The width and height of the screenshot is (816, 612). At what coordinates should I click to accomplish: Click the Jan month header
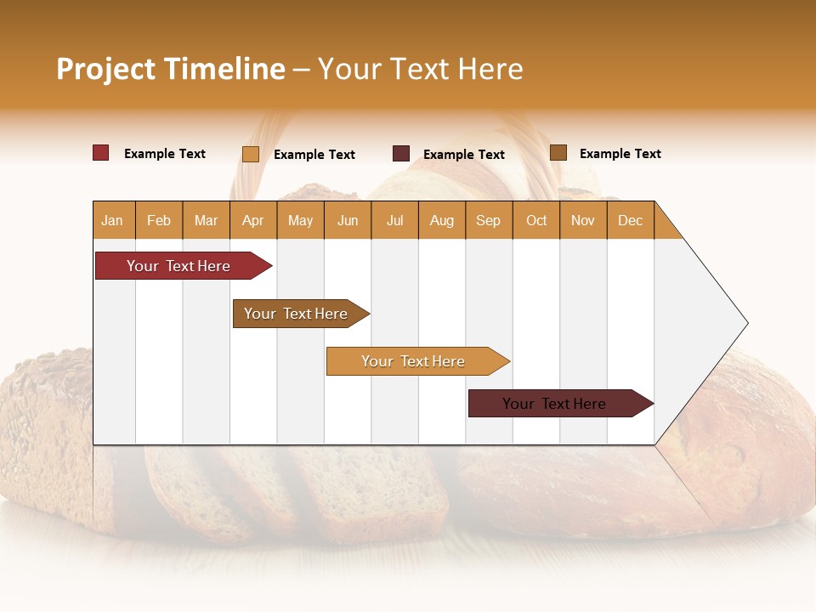[x=113, y=220]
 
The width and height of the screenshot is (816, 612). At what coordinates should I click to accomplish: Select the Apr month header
[x=253, y=220]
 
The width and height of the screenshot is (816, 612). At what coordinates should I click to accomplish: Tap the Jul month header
[x=394, y=220]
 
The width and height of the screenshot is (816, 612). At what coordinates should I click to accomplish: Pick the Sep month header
[x=488, y=220]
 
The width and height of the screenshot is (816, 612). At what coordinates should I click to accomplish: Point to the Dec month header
[x=630, y=220]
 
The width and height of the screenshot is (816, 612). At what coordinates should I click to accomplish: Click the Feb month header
[x=159, y=220]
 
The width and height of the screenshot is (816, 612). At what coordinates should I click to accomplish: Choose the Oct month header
[x=536, y=220]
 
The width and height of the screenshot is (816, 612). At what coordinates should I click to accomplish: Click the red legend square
[x=100, y=153]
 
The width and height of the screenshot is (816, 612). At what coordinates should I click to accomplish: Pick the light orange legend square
[x=250, y=154]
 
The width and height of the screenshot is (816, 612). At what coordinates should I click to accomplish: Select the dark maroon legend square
[x=400, y=154]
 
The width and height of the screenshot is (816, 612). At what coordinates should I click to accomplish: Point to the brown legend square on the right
[x=558, y=153]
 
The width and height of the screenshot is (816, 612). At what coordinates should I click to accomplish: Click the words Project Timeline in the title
[x=170, y=69]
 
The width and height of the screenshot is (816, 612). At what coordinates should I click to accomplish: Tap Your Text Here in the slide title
[x=420, y=69]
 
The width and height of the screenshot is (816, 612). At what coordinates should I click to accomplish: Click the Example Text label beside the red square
[x=165, y=154]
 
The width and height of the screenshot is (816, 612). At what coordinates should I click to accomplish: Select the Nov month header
[x=583, y=220]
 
